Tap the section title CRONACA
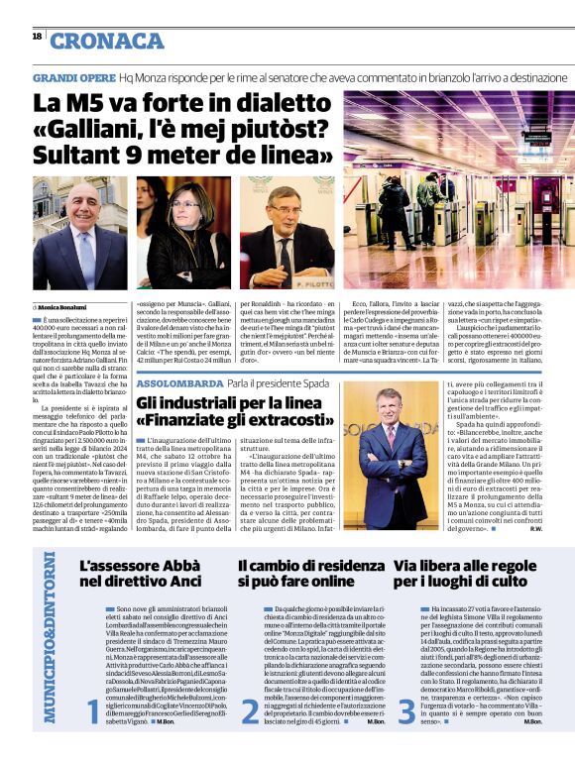click(x=107, y=41)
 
